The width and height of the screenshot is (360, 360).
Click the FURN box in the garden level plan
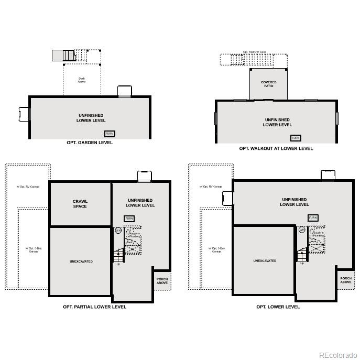pos(110,134)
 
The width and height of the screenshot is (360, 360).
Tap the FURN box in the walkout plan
pos(296,138)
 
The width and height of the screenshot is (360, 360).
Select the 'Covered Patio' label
pos(268,84)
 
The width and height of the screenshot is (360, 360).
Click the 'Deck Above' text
pos(82,80)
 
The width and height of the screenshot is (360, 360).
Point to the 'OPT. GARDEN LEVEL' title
pos(90,143)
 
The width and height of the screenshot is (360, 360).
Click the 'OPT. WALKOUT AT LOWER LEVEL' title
pos(276,148)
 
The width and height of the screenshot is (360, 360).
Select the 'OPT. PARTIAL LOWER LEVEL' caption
pos(94,307)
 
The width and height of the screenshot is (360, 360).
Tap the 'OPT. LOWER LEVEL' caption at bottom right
pos(278,307)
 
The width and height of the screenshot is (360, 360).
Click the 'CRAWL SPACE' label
pos(80,204)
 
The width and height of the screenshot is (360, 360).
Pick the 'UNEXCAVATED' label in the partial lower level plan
pos(81,261)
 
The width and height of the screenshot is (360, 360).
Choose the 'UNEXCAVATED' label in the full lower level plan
pos(265,260)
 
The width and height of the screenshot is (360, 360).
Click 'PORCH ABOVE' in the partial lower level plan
pos(162,281)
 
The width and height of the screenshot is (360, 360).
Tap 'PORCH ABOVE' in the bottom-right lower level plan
pos(346,280)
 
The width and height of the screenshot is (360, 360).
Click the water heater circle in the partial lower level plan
pos(118,230)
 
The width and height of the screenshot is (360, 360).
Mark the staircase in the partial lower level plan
pos(119,256)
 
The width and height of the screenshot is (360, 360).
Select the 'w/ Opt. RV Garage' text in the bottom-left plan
pos(28,187)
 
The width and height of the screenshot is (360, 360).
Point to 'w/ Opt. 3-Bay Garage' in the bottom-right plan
pos(216,250)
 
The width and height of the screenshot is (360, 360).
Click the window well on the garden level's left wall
pos(25,114)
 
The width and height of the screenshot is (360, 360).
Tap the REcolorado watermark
pos(338,354)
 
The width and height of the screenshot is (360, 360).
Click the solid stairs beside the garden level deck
pos(64,55)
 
